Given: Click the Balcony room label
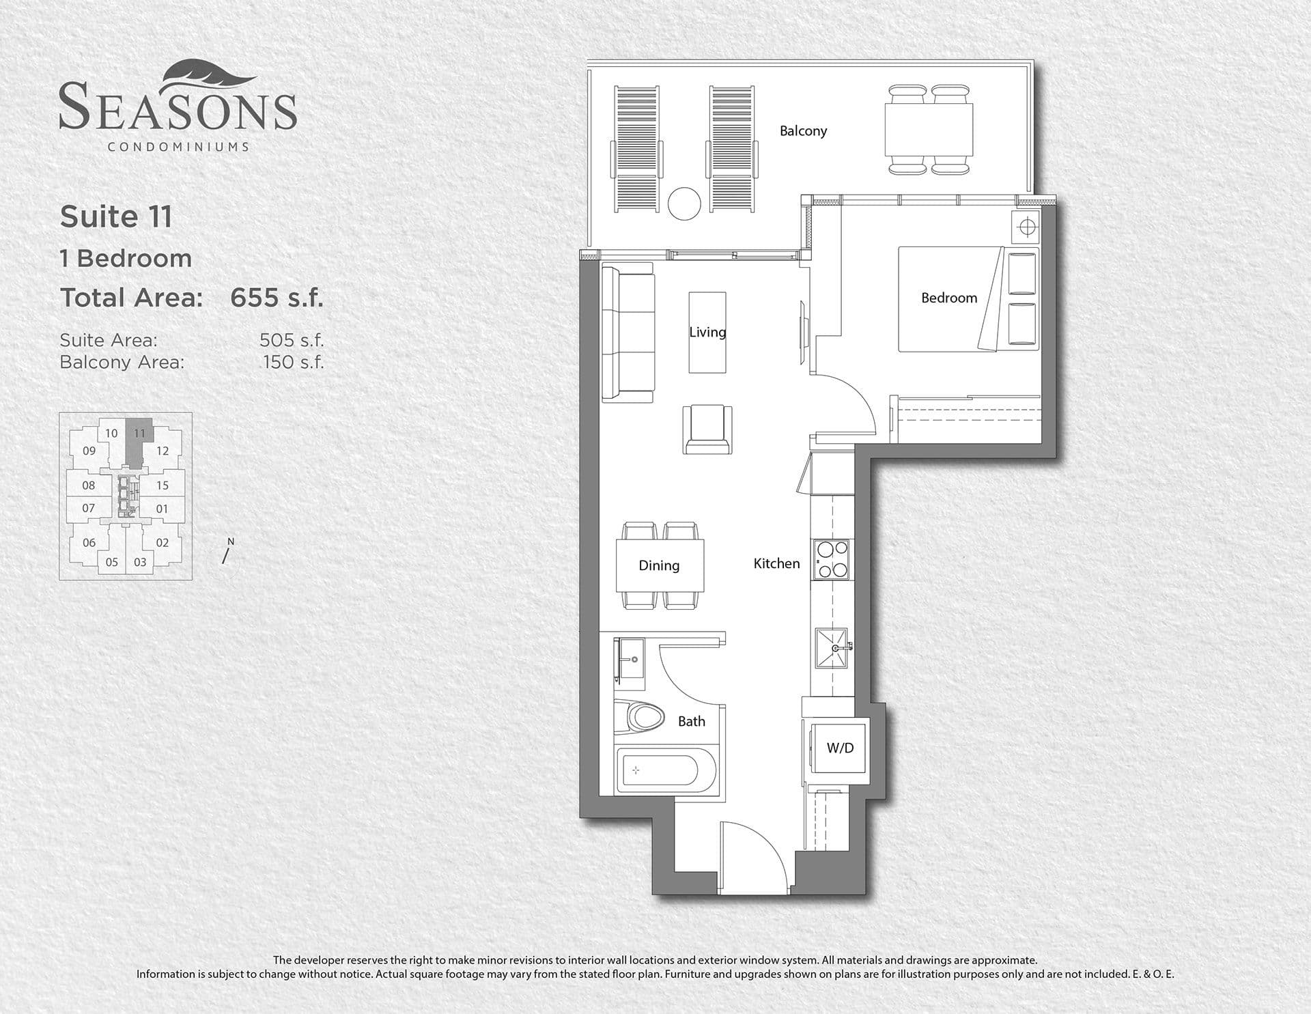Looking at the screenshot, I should [x=803, y=130].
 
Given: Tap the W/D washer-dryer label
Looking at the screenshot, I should [x=840, y=748].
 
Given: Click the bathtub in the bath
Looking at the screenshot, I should [x=658, y=771].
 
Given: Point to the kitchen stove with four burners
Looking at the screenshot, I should [x=831, y=559].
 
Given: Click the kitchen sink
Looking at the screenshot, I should [x=832, y=647].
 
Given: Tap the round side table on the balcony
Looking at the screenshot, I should [x=684, y=203].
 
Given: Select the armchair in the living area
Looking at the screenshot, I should [x=707, y=429].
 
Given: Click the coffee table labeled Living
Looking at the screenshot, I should [x=707, y=333].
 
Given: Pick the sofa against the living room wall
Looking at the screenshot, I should [x=627, y=333].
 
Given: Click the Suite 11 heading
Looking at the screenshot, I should [x=116, y=217].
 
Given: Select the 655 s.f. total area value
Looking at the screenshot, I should [x=277, y=298].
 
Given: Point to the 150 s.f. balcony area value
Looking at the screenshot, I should [x=294, y=362].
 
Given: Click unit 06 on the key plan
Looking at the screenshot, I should [x=89, y=543].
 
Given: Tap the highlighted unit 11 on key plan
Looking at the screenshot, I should [x=139, y=433].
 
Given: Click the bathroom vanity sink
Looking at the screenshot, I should [x=632, y=660].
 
